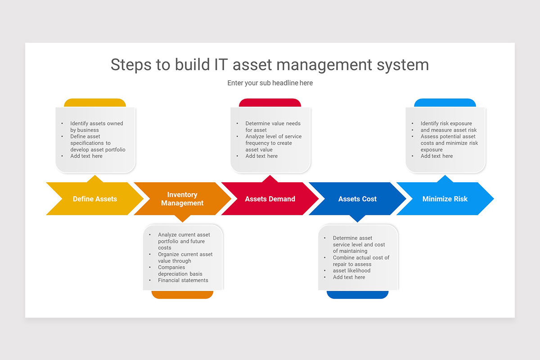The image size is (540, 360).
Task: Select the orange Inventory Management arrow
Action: click(182, 199)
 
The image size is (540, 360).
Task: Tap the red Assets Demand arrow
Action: click(270, 199)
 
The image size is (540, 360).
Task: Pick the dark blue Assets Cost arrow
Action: click(357, 199)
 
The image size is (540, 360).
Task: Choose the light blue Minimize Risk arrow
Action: click(445, 199)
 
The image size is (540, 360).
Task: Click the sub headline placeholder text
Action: click(270, 83)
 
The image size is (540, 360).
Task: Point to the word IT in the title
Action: click(218, 64)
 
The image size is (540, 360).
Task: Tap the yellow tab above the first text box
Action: click(95, 103)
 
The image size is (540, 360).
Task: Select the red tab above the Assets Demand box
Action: click(270, 103)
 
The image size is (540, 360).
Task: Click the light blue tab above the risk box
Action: click(445, 103)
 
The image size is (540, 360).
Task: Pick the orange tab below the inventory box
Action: click(182, 294)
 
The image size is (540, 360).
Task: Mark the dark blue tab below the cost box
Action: click(357, 294)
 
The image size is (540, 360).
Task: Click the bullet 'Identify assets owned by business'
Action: click(96, 126)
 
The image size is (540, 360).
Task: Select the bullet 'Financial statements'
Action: click(183, 280)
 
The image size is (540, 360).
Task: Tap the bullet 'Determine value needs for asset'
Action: click(273, 126)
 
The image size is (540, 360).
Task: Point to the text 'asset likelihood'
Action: click(351, 271)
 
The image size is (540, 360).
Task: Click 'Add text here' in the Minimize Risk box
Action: click(436, 156)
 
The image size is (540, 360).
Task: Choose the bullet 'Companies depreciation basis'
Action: click(180, 270)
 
